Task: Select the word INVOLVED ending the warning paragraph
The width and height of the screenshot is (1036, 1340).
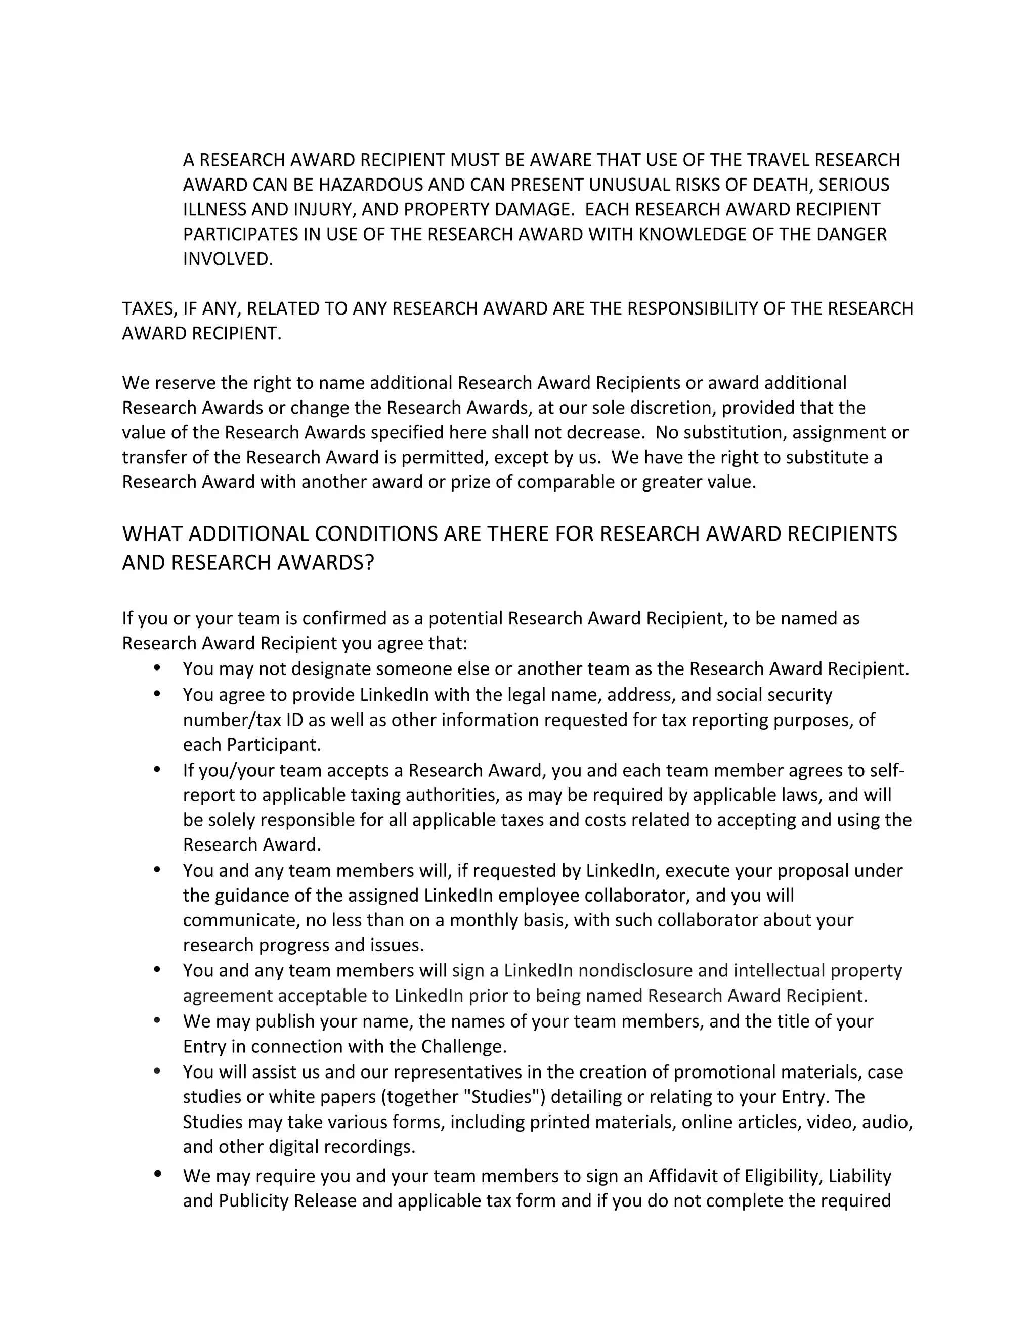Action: coord(227,259)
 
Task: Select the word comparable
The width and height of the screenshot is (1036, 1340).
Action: coord(565,482)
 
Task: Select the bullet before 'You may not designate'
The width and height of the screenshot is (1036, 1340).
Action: coord(157,667)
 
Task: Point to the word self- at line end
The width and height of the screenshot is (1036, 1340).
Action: coord(886,770)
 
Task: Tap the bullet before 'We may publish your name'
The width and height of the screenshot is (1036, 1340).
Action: coord(157,1020)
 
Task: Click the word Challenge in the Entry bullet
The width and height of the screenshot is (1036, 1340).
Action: coord(463,1046)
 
